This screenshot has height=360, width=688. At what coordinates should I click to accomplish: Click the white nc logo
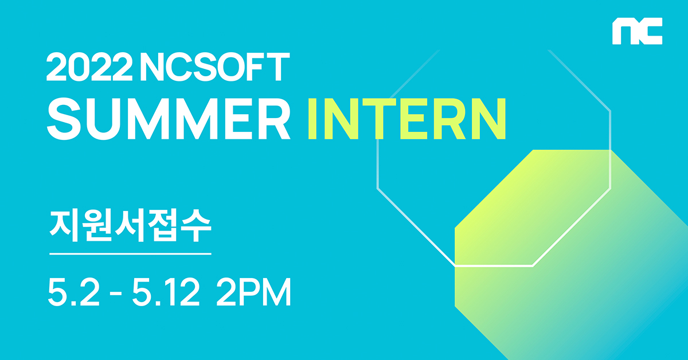pyautogui.click(x=638, y=31)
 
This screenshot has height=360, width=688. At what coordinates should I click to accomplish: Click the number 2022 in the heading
pyautogui.click(x=89, y=66)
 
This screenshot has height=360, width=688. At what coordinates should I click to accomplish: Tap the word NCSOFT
pyautogui.click(x=215, y=66)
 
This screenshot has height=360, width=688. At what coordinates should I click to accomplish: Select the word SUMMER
pyautogui.click(x=169, y=119)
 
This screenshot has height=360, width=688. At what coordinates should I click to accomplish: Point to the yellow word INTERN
pyautogui.click(x=407, y=119)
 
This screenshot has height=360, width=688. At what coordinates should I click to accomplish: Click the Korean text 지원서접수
pyautogui.click(x=130, y=226)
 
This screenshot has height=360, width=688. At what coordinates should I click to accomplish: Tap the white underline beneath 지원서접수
pyautogui.click(x=130, y=254)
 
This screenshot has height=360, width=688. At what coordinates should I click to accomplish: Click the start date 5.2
pyautogui.click(x=74, y=292)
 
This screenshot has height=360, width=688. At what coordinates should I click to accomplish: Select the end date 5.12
pyautogui.click(x=166, y=292)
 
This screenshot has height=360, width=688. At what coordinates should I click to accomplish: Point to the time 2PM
pyautogui.click(x=253, y=292)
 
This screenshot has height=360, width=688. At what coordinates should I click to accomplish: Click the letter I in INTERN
pyautogui.click(x=313, y=119)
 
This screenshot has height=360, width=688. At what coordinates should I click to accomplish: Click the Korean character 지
pyautogui.click(x=64, y=226)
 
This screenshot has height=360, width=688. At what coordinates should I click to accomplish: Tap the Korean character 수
pyautogui.click(x=196, y=226)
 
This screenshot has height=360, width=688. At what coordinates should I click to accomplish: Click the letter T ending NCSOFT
pyautogui.click(x=278, y=66)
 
